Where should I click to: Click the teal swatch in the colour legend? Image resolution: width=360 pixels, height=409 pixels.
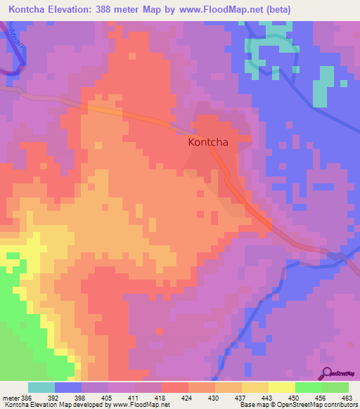(41, 387)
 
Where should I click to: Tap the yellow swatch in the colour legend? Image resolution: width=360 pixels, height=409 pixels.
(281, 387)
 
